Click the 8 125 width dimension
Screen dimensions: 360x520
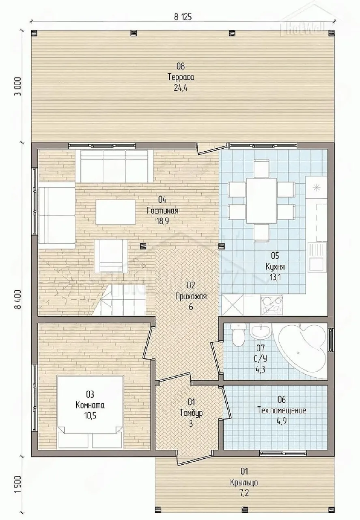pyautogui.click(x=183, y=17)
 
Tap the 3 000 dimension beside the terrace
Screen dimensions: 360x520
pyautogui.click(x=18, y=86)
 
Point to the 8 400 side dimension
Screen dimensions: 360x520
pyautogui.click(x=18, y=299)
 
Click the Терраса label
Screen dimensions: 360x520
pyautogui.click(x=181, y=77)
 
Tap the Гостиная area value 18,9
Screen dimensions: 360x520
pyautogui.click(x=162, y=221)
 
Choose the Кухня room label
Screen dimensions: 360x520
pyautogui.click(x=275, y=266)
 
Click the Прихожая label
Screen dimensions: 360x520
pyautogui.click(x=191, y=297)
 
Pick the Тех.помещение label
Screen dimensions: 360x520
pyautogui.click(x=282, y=410)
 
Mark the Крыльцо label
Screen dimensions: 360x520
pyautogui.click(x=244, y=482)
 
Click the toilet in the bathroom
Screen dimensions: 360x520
pyautogui.click(x=238, y=334)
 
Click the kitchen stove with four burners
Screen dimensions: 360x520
pyautogui.click(x=272, y=305)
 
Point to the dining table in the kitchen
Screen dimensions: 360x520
pyautogui.click(x=261, y=200)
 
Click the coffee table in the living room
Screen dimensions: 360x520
pyautogui.click(x=116, y=212)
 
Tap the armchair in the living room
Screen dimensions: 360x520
pyautogui.click(x=111, y=256)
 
